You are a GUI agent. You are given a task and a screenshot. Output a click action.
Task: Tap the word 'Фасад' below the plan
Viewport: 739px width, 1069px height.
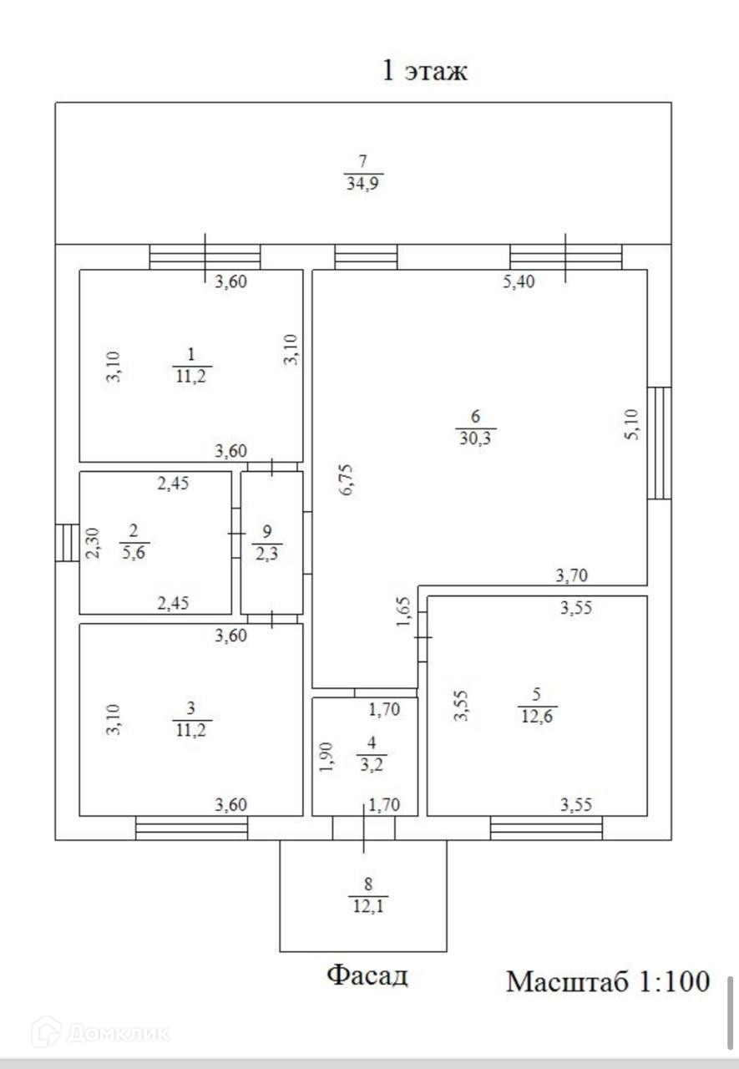pyautogui.click(x=367, y=975)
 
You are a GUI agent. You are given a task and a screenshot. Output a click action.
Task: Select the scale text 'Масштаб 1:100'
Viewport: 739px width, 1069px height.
pyautogui.click(x=608, y=981)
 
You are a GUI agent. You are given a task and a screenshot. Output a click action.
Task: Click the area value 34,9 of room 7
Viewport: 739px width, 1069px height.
pyautogui.click(x=364, y=184)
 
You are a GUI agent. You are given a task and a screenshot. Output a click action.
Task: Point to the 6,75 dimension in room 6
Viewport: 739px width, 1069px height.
pyautogui.click(x=348, y=480)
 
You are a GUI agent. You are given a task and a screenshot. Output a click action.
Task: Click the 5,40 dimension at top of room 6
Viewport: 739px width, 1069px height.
pyautogui.click(x=519, y=282)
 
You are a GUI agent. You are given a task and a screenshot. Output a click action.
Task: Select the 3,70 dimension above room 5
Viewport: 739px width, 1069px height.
pyautogui.click(x=574, y=575)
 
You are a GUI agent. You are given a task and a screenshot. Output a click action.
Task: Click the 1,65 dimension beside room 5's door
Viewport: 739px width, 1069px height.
pyautogui.click(x=403, y=614)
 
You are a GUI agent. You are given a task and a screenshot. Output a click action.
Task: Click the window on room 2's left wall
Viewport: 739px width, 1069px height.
pyautogui.click(x=65, y=543)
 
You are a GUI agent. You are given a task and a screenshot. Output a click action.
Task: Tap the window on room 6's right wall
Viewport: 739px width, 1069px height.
pyautogui.click(x=660, y=443)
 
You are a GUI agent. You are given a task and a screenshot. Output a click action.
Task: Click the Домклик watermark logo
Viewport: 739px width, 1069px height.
pyautogui.click(x=100, y=1033)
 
